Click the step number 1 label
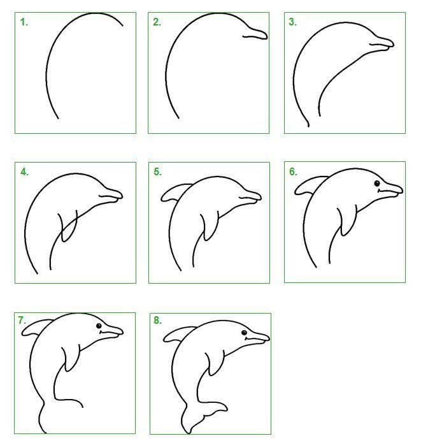point(24,22)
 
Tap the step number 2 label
point(157,22)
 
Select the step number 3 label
point(293,22)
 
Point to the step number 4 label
point(24,171)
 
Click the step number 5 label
point(157,171)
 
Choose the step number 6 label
point(293,171)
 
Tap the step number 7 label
point(22,321)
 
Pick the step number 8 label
point(157,321)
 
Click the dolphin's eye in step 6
point(377,184)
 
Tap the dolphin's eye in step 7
point(99,326)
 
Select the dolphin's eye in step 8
point(244,333)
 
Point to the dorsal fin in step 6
point(311,185)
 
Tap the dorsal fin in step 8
point(180,334)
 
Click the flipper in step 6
point(346,221)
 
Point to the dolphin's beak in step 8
point(257,338)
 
